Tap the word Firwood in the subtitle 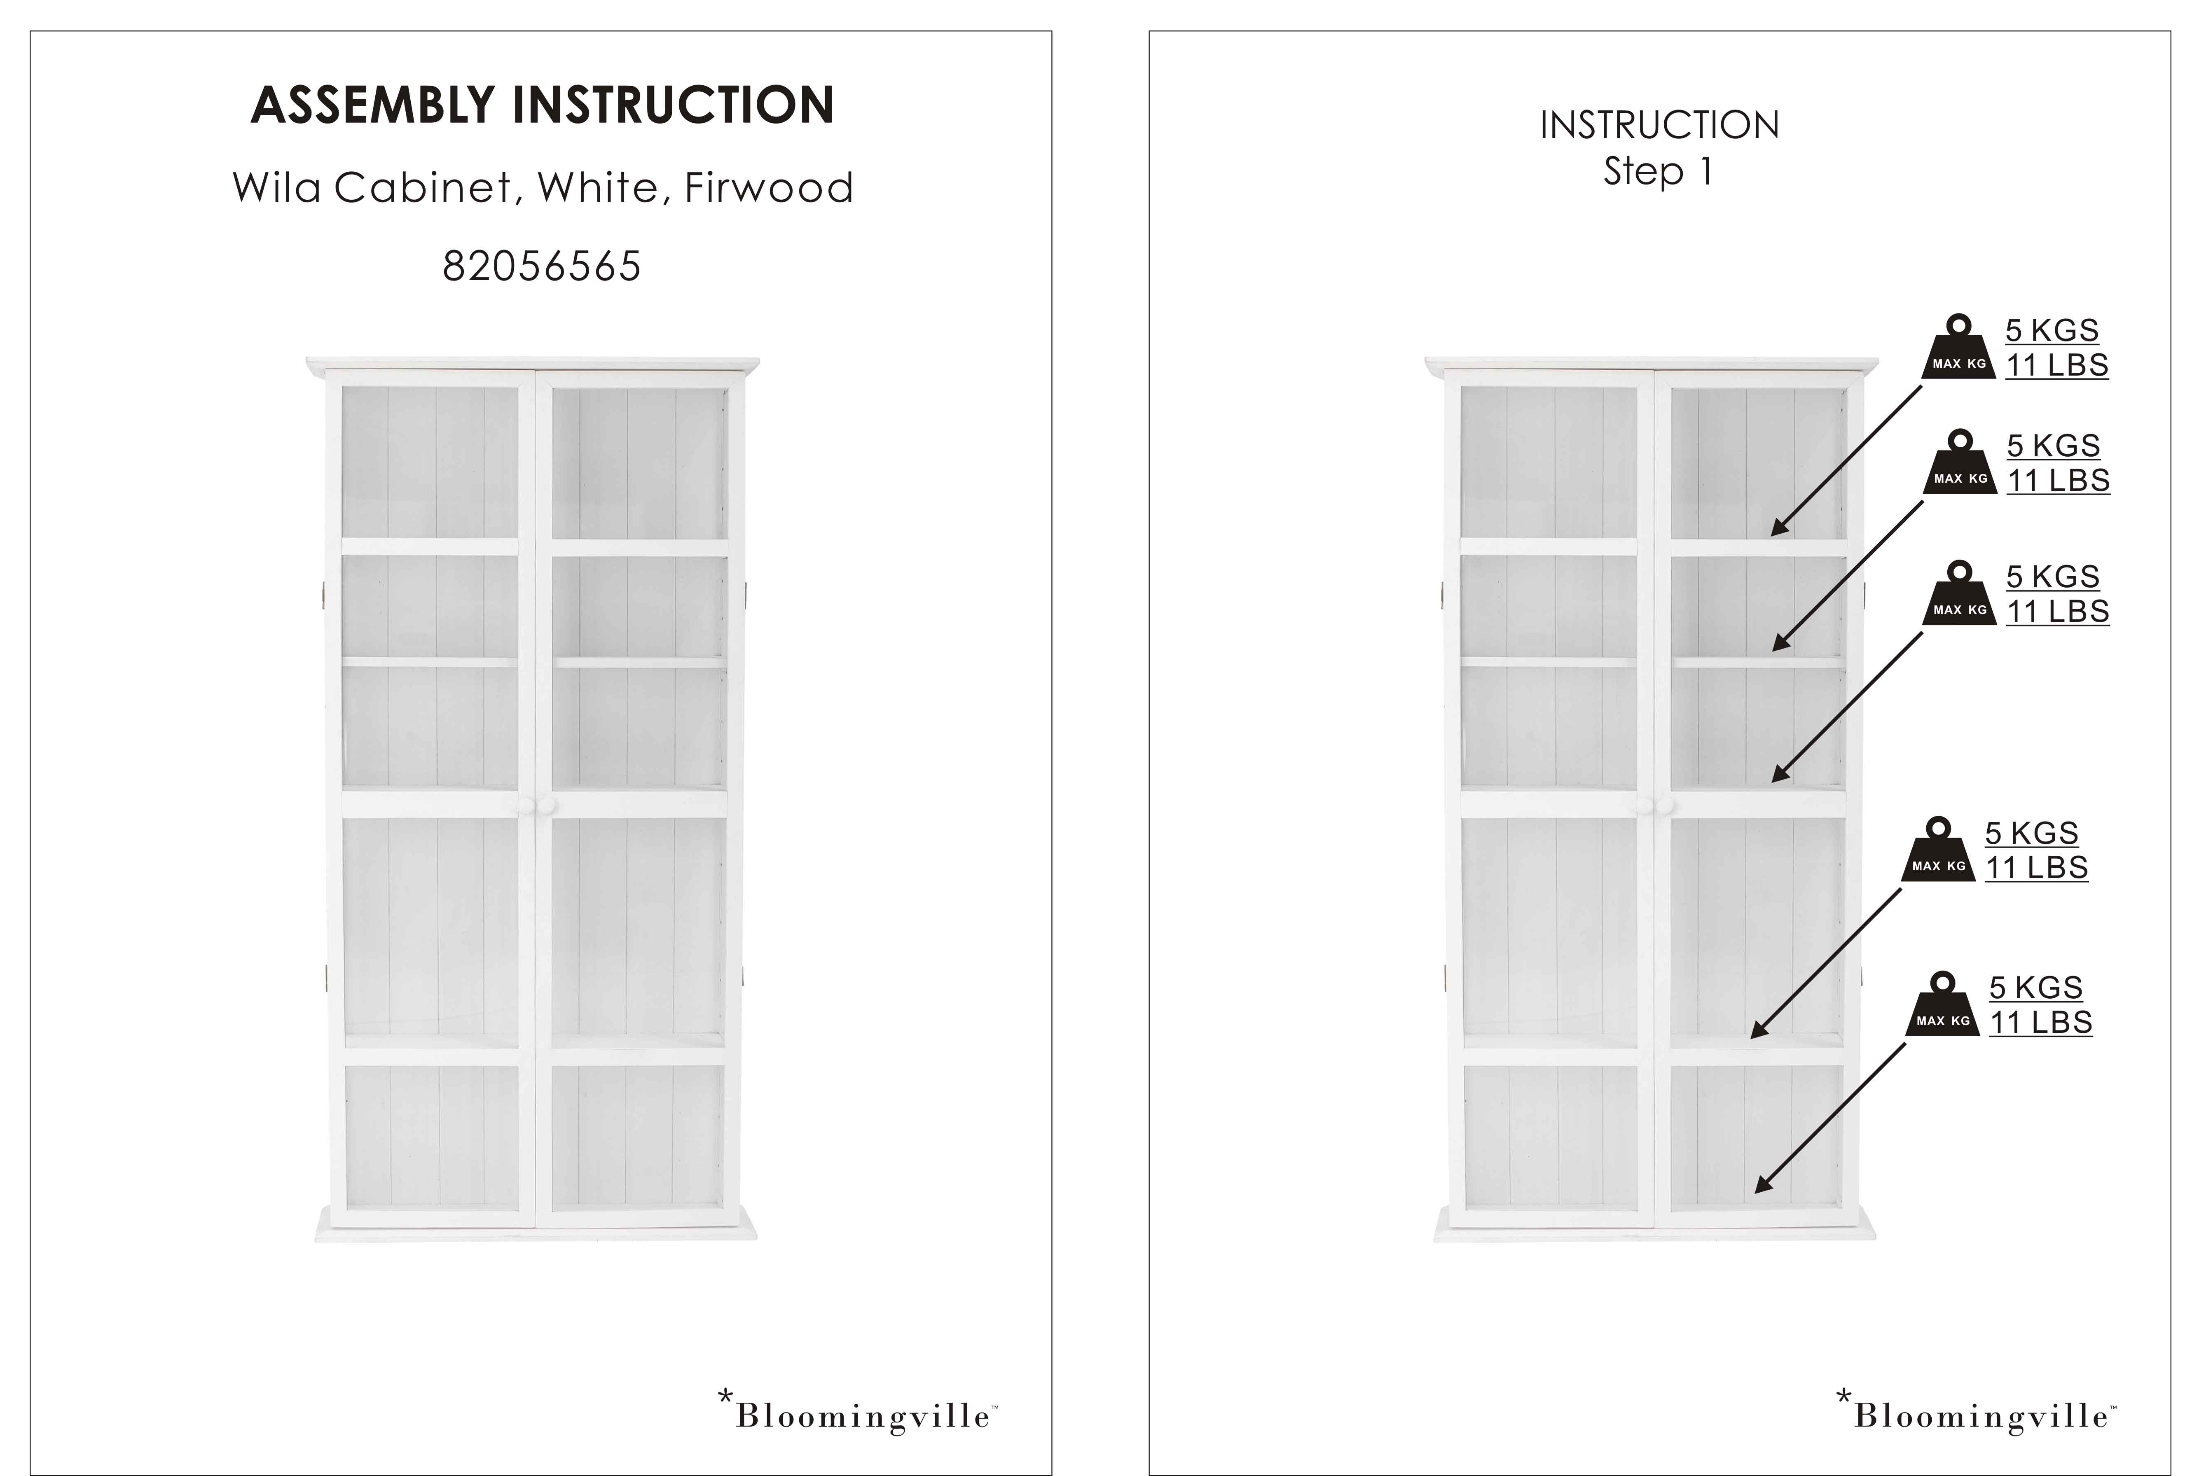click(768, 187)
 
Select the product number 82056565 click(541, 266)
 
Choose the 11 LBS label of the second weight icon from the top click(2058, 480)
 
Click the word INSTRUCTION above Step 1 click(1659, 125)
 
